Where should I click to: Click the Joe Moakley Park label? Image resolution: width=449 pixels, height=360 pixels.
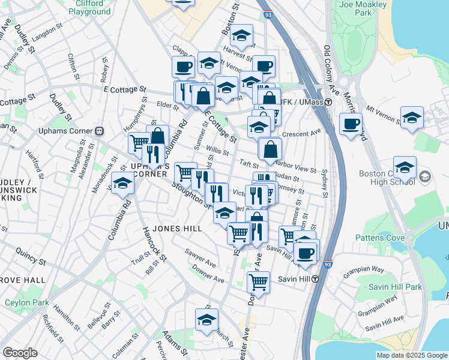coord(363,8)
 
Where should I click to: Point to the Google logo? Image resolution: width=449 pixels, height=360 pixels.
coord(20,353)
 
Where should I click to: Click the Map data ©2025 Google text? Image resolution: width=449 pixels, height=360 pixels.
coord(411,355)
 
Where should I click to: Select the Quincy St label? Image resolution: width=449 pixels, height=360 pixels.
coord(30,257)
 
